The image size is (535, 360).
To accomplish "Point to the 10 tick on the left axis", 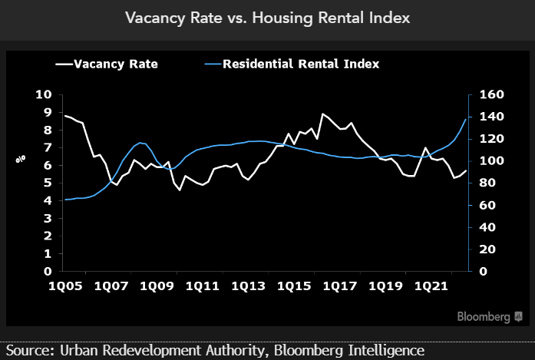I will [x=43, y=94].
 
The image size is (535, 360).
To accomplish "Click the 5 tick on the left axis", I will [x=47, y=183].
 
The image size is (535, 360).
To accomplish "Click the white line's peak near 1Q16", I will [x=323, y=114].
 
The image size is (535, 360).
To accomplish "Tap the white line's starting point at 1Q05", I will [x=64, y=116].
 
